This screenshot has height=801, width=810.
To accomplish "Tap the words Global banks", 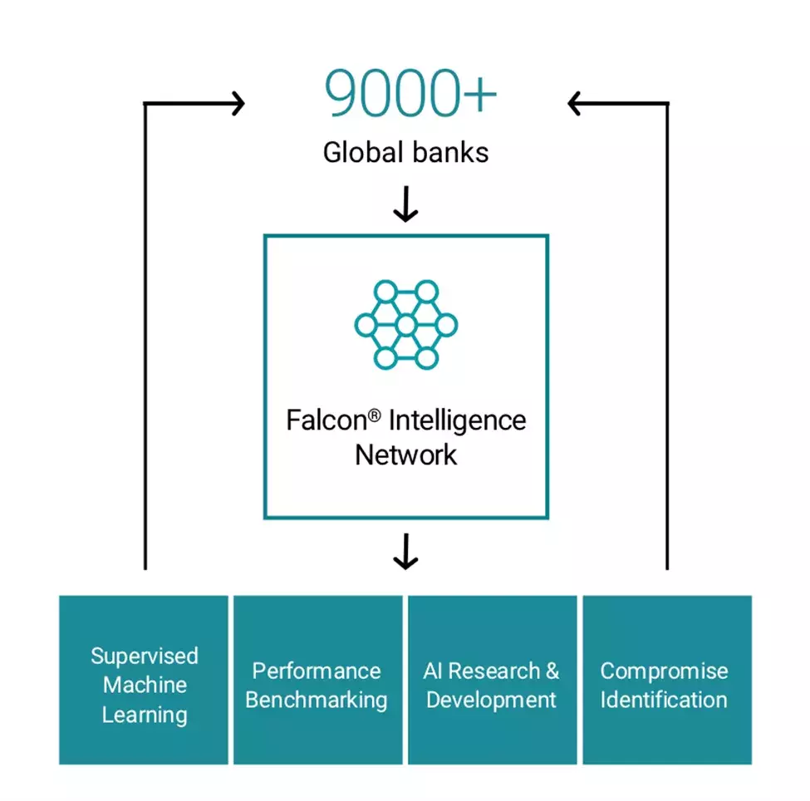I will coord(405,152).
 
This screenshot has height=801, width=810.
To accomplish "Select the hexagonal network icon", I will coord(405,325).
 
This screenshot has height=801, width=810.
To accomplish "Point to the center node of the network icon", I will coord(405,325).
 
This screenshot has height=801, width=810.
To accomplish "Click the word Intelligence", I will coord(457,420).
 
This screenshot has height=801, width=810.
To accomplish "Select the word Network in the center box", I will coord(405,455).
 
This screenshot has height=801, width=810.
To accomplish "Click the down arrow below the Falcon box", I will coord(405,552).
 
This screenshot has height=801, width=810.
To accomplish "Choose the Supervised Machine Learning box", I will coord(144,680).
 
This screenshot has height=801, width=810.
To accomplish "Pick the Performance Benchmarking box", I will coord(317,680).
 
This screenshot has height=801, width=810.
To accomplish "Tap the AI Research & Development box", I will coord(492,680).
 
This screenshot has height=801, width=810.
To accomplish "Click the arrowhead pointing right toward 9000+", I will coord(239,104).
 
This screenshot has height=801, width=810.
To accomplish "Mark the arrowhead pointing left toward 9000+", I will coord(573,104).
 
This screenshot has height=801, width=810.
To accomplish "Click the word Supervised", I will coord(145,656).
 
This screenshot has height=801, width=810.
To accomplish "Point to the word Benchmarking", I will coord(317,700).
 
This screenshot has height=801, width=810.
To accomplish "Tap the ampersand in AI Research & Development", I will coord(552,671).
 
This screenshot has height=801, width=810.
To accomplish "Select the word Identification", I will coord(664,700).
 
